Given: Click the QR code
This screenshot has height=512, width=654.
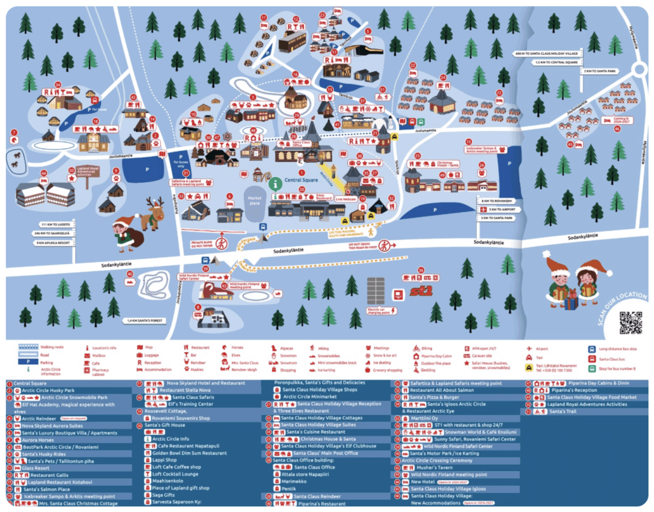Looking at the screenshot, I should tap(630, 323).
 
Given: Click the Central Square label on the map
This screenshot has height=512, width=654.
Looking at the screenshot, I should tap(301, 180).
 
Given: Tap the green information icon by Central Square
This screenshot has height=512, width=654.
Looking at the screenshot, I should tap(275, 183).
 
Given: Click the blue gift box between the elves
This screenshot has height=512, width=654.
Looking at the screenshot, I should tap(571, 299).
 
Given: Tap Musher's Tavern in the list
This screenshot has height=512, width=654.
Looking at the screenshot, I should tap(434, 467).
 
